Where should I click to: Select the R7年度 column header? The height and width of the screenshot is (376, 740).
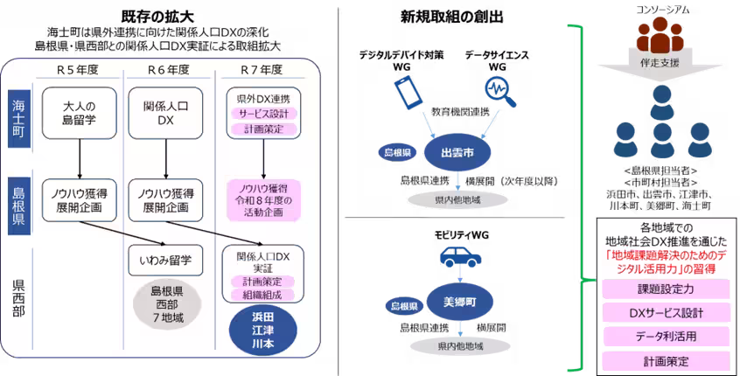pyautogui.click(x=261, y=70)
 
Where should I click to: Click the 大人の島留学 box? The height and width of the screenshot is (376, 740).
pyautogui.click(x=80, y=113)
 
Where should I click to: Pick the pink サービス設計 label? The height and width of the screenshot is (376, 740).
pyautogui.click(x=263, y=115)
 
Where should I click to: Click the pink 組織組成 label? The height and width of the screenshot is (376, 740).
pyautogui.click(x=263, y=295)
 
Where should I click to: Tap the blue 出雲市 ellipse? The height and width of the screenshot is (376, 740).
pyautogui.click(x=457, y=152)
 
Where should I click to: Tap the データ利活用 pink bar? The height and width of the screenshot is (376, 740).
pyautogui.click(x=667, y=336)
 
